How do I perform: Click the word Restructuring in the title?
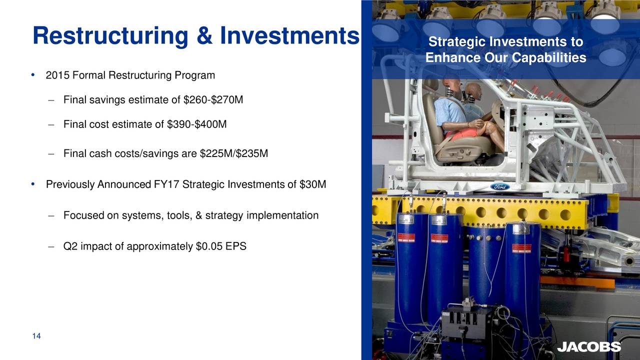110,35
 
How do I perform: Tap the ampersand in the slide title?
205,35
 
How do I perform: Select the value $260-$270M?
213,100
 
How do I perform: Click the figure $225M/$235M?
234,154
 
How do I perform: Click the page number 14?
36,336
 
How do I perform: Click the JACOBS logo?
589,347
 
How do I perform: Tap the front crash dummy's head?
453,83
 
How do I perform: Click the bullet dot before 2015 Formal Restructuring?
32,75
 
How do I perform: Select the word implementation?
286,215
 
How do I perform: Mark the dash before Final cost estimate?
51,124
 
